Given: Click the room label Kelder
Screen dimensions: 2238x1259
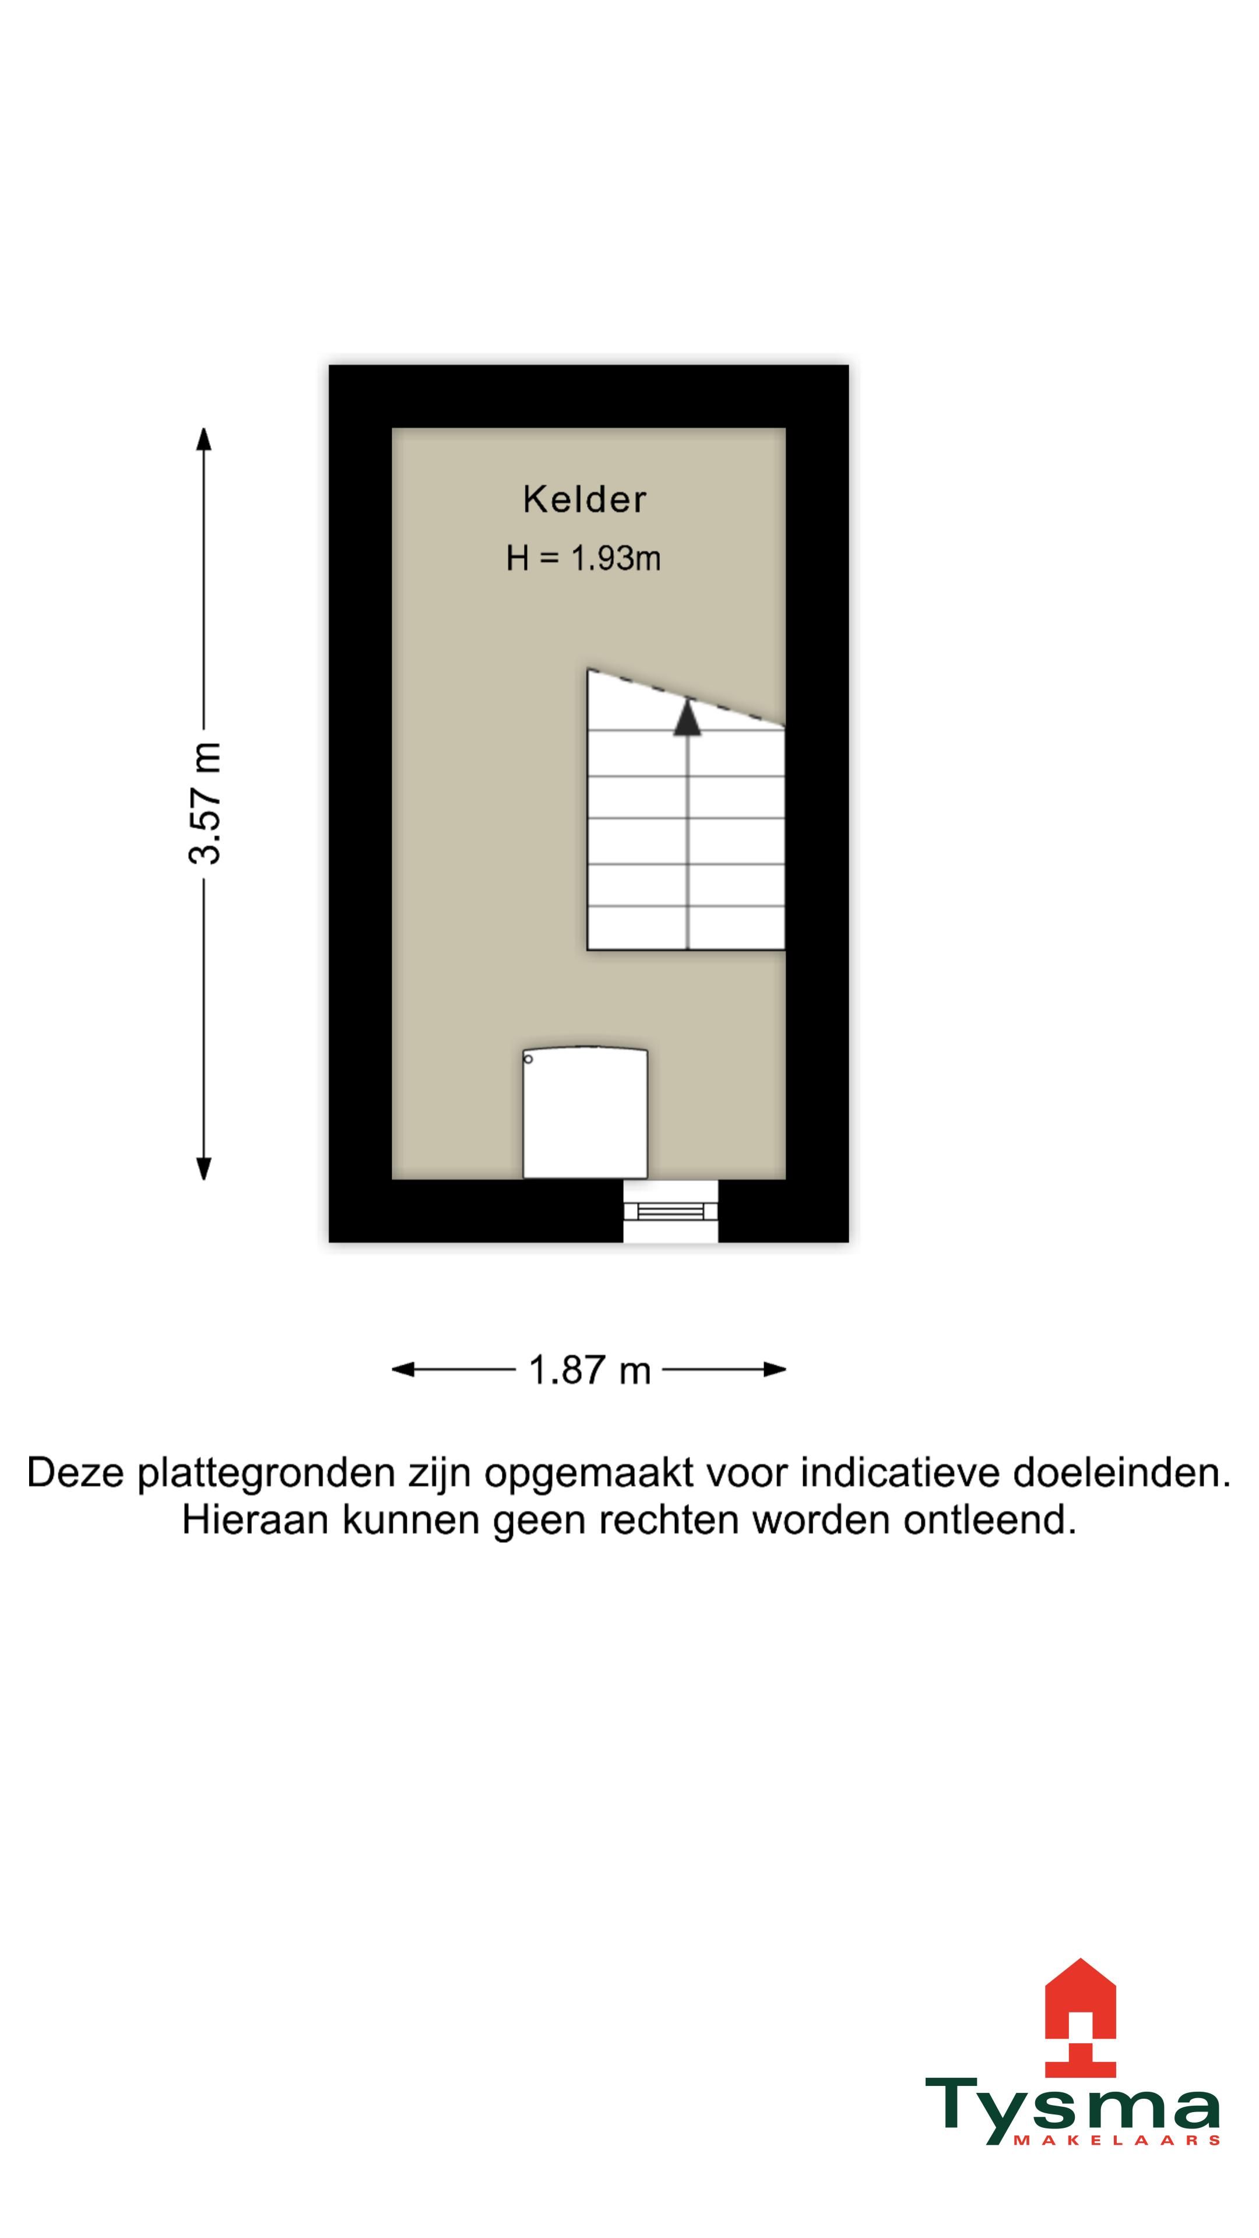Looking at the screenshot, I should [x=584, y=499].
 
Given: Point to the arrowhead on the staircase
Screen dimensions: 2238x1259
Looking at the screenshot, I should [x=687, y=717].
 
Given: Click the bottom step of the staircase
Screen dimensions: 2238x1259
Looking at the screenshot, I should [x=685, y=928].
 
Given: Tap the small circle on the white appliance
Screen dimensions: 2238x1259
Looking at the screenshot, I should [x=528, y=1058].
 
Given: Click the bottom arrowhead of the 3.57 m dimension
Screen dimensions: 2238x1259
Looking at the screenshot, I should [x=204, y=1169].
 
